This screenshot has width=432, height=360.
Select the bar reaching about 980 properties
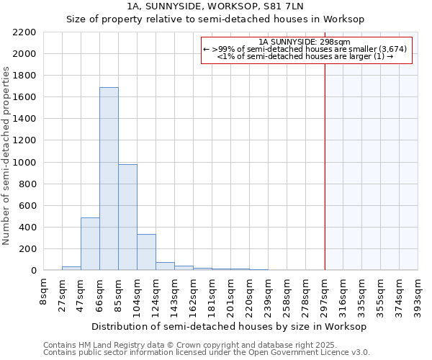point(127,217)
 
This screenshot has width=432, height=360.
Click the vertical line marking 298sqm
point(325,166)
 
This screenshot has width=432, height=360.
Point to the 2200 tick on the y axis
point(24,32)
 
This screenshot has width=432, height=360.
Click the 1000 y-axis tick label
point(24,163)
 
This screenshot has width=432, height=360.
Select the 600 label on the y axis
point(27,206)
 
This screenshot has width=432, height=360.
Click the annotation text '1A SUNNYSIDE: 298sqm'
point(307,42)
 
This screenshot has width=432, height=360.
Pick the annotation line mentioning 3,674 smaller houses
point(307,49)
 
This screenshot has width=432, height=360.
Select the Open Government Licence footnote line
point(206,353)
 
